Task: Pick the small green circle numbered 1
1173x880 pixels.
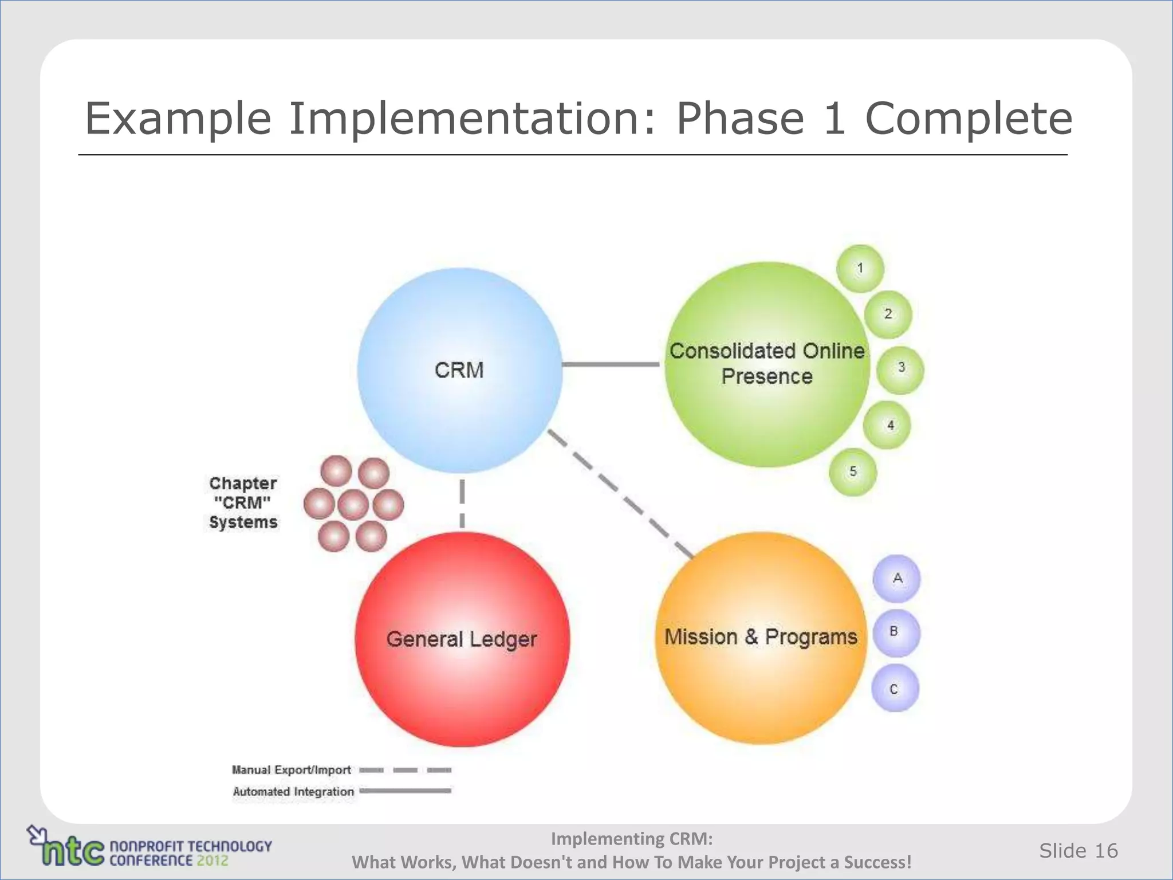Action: click(860, 268)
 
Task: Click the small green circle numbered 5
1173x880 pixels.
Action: click(853, 472)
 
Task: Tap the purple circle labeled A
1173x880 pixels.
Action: click(896, 579)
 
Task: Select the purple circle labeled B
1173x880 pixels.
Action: click(896, 632)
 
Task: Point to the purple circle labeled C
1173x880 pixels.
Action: click(895, 688)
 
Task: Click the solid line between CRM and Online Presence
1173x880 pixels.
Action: click(611, 364)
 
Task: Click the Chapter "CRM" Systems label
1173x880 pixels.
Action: click(243, 502)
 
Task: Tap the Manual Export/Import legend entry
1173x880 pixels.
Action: click(291, 770)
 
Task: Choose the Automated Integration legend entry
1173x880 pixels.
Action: click(293, 791)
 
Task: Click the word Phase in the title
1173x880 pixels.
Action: click(740, 118)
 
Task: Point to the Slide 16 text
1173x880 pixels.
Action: click(1078, 851)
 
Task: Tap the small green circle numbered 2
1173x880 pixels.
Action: click(888, 314)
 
